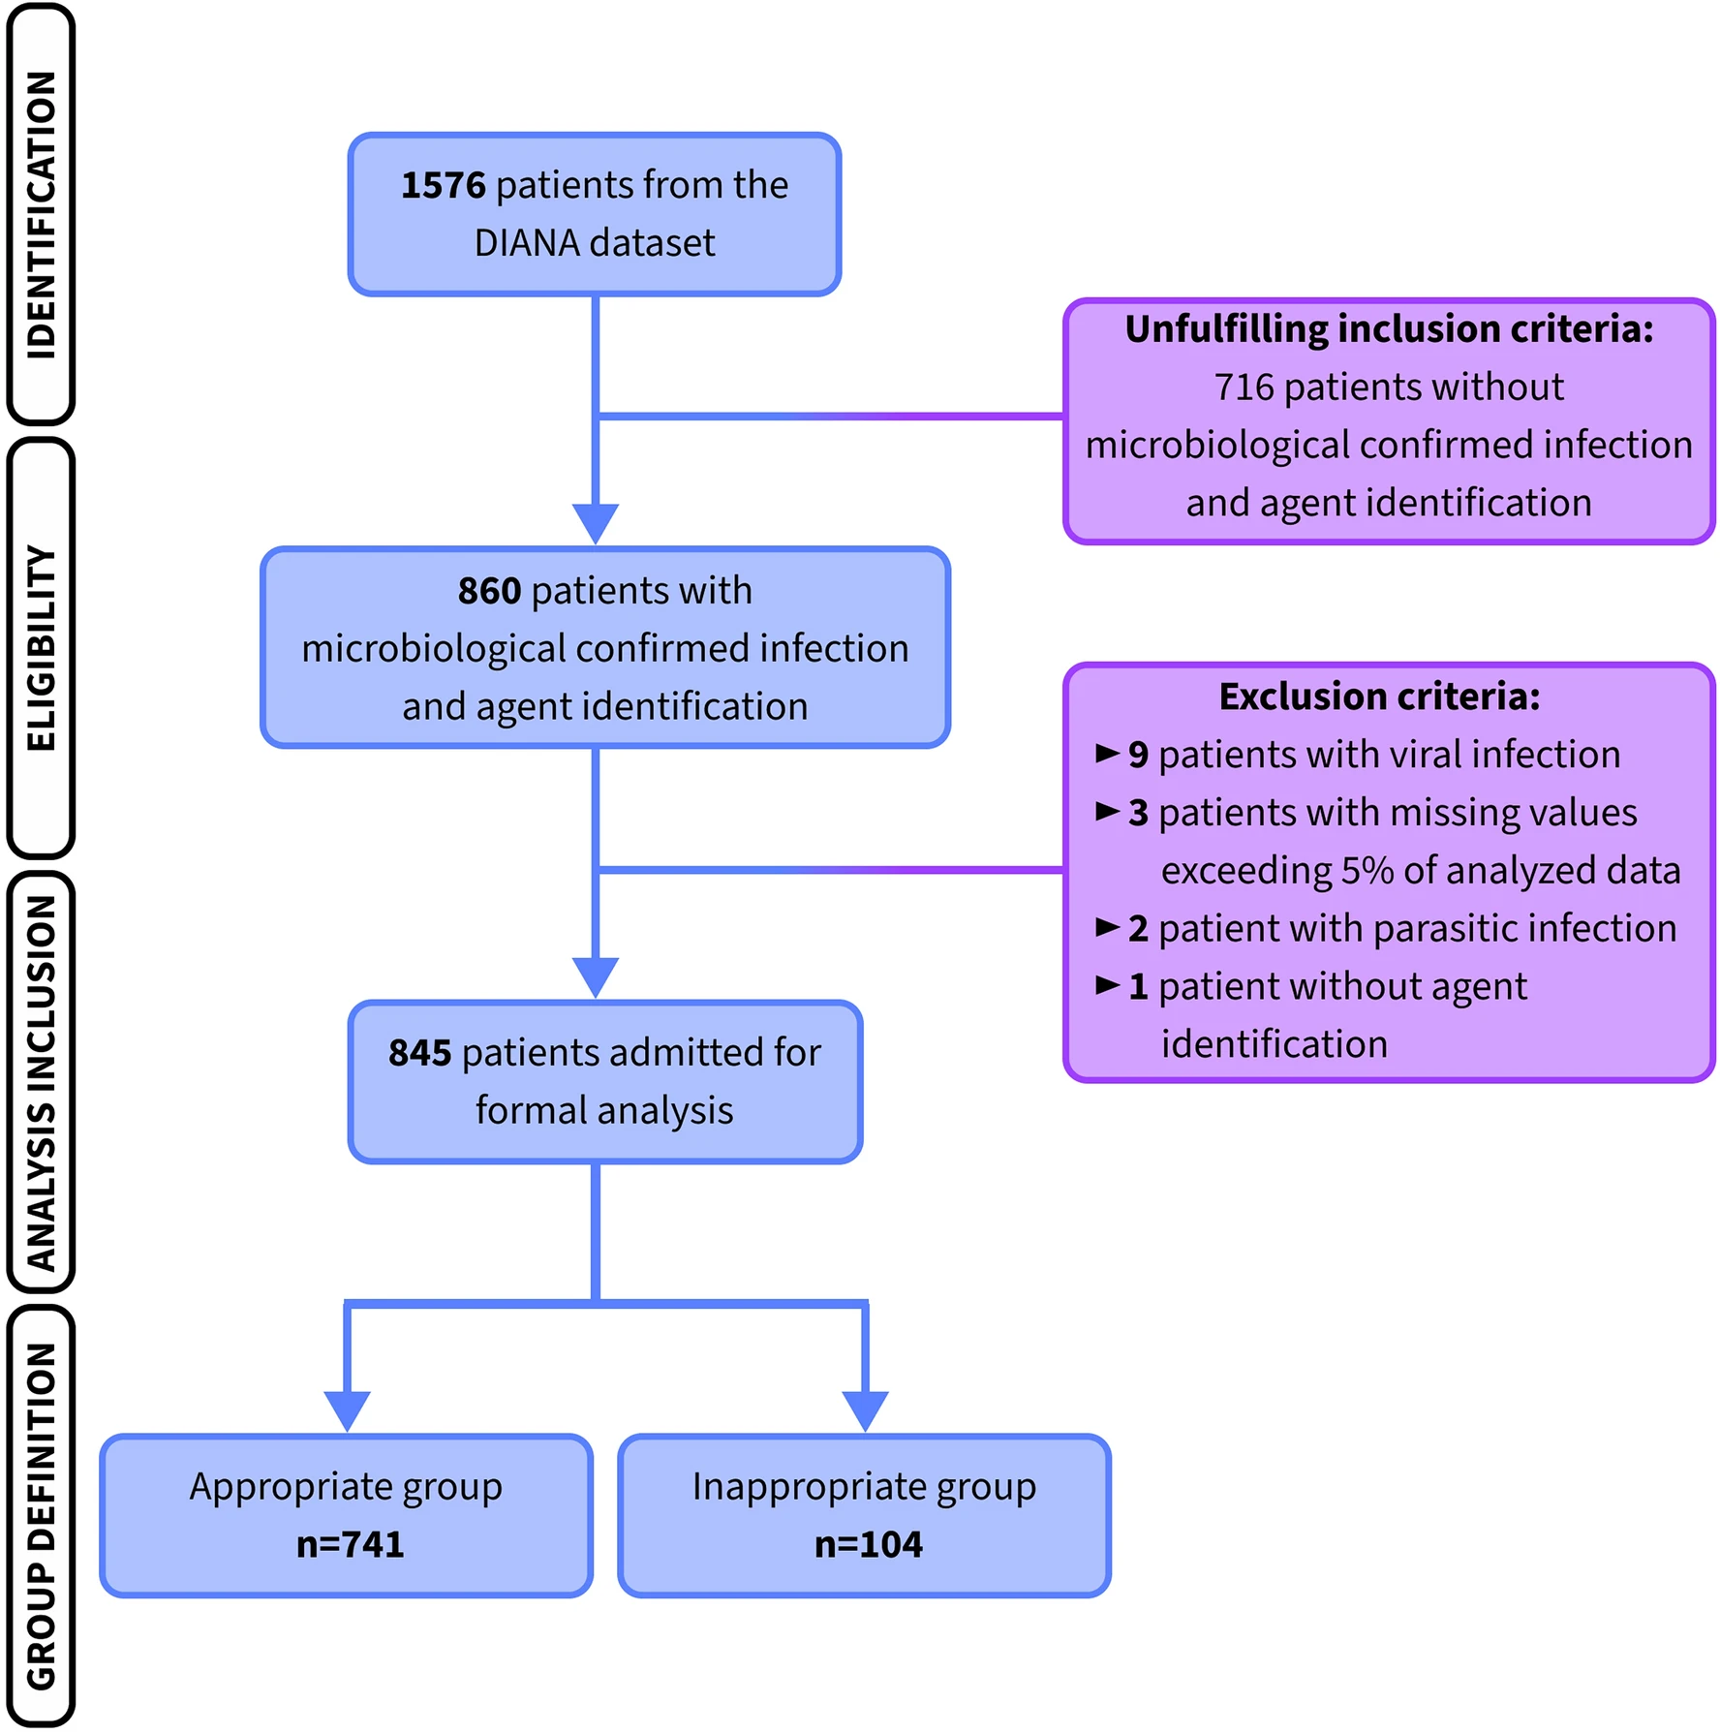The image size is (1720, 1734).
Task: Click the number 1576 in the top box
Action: click(x=443, y=185)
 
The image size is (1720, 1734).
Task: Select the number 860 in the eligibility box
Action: click(x=489, y=591)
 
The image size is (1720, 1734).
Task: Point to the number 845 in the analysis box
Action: click(x=420, y=1053)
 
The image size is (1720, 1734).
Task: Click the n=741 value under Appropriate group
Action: click(x=351, y=1544)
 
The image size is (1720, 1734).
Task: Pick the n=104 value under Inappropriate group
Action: click(x=869, y=1544)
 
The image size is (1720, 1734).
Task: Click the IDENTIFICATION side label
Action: click(x=41, y=214)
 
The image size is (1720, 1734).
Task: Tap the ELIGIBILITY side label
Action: click(x=41, y=648)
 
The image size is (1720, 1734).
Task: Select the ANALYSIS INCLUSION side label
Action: click(x=41, y=1082)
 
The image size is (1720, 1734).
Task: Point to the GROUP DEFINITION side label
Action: click(x=41, y=1516)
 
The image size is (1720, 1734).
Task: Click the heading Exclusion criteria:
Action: click(x=1379, y=697)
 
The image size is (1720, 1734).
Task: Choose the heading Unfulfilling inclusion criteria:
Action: click(x=1389, y=329)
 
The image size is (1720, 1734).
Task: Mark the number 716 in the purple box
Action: click(x=1244, y=387)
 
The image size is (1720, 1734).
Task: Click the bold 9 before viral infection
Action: click(x=1138, y=756)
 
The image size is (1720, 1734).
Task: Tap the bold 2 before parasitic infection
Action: click(x=1138, y=929)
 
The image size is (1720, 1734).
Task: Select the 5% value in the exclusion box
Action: click(x=1367, y=871)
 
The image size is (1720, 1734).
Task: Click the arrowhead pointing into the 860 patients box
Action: click(x=596, y=524)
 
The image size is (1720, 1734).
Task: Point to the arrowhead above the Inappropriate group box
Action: click(x=865, y=1411)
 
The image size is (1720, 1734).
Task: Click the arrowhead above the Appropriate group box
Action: click(x=347, y=1411)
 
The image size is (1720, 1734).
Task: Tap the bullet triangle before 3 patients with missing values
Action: click(x=1107, y=812)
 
